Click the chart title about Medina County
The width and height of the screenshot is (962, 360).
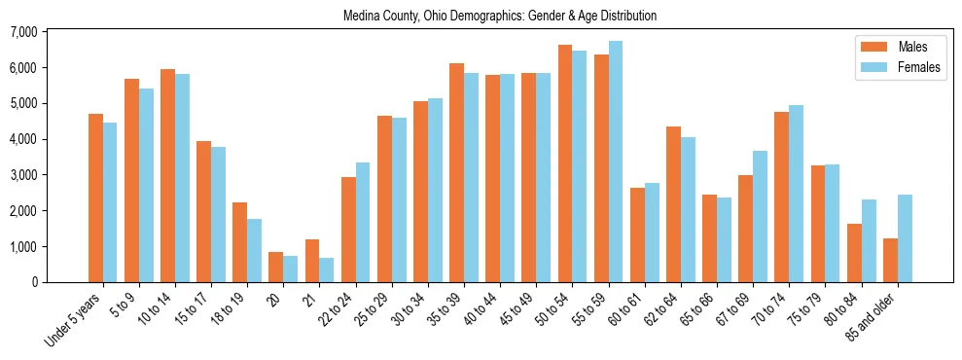[x=500, y=17]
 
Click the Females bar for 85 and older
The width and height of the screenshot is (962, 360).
[x=905, y=238]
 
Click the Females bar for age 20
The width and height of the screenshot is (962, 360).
[x=291, y=269]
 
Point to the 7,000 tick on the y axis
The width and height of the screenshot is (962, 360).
[x=50, y=32]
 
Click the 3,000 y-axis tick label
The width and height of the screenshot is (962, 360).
[x=50, y=175]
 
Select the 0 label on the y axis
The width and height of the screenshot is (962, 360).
[x=60, y=282]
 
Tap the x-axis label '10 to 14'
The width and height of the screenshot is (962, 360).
[x=155, y=306]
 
